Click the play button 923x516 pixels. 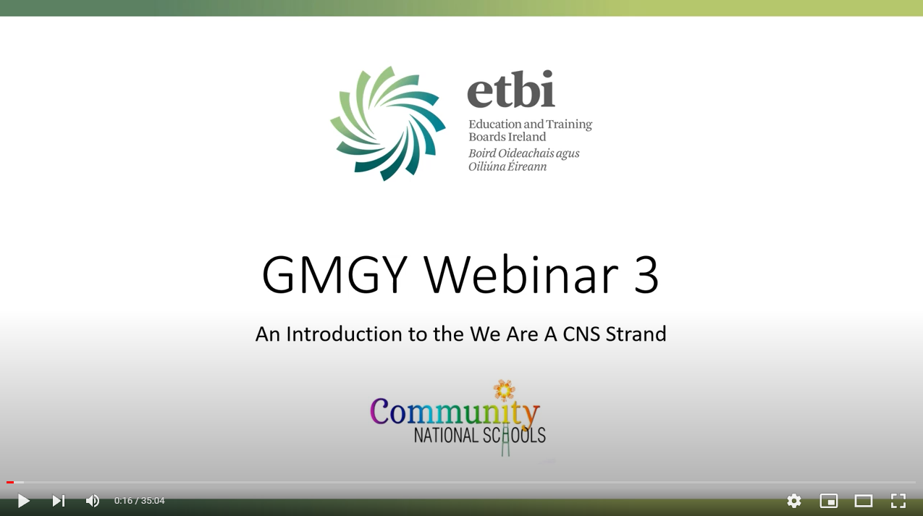pos(24,501)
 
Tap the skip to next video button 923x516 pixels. pos(59,501)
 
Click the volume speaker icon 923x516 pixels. pos(93,501)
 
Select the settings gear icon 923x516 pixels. pos(794,501)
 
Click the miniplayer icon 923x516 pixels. pos(829,501)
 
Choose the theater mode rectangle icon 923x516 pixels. pos(863,501)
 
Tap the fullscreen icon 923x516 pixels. pos(898,501)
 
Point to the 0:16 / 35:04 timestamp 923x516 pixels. pos(139,501)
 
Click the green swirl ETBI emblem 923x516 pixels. pos(388,123)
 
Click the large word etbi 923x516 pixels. pos(511,89)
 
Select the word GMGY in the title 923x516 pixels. pos(334,274)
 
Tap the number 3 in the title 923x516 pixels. pos(646,275)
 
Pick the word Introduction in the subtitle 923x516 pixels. pos(345,334)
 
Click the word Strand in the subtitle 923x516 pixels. pos(636,334)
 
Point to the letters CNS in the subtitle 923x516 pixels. pos(581,334)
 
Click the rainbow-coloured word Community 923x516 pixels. pos(455,413)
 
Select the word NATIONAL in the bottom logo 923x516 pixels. pos(444,436)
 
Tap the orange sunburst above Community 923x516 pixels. pos(505,390)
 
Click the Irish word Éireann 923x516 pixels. pos(527,166)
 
